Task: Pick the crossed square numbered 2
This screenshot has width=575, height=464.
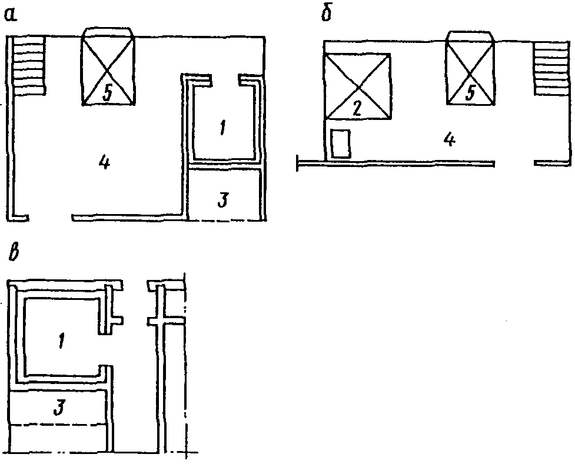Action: point(357,86)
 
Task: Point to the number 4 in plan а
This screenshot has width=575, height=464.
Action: point(105,162)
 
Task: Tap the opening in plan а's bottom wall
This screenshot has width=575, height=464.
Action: point(49,218)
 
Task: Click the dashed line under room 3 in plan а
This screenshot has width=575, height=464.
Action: point(225,221)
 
